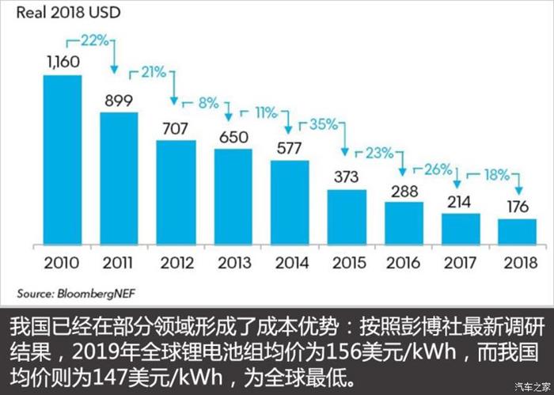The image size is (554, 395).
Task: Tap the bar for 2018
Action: pos(518,233)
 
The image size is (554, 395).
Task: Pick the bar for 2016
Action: pos(404,224)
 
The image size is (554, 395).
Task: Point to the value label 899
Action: pos(119,100)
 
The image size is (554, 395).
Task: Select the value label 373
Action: pos(347,177)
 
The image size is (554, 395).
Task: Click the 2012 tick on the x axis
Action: pos(176,263)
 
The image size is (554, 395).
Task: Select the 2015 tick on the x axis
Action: pos(347,263)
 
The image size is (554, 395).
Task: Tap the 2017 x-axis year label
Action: pos(461,263)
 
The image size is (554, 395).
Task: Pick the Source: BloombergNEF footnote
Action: pos(63,292)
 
